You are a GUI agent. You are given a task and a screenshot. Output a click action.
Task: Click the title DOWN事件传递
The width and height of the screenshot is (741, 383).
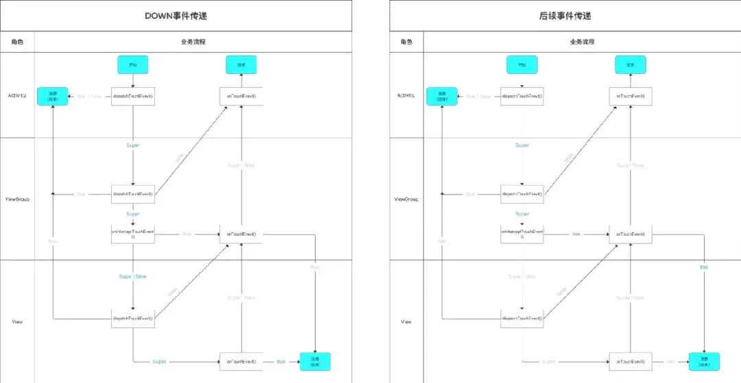coord(176,16)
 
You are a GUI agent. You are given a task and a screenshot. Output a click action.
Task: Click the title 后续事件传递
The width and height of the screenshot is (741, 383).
coord(565,16)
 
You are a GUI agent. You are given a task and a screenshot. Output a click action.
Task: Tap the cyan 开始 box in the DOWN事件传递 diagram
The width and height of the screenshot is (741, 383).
coord(133,65)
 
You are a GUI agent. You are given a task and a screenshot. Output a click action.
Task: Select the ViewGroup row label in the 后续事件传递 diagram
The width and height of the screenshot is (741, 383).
coord(407,199)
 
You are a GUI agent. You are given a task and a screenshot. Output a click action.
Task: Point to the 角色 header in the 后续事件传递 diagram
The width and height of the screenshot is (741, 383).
coord(407,42)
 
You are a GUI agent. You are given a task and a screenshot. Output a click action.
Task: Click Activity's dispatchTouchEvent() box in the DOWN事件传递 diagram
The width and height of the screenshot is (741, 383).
coord(133,97)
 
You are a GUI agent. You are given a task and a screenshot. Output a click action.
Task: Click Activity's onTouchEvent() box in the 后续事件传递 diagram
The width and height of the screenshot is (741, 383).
coord(631,97)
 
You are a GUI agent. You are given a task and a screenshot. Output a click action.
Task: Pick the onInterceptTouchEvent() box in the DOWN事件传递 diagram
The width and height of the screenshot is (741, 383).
coord(133,234)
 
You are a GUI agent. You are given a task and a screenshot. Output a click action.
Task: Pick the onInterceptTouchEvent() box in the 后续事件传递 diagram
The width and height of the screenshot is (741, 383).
coord(522,234)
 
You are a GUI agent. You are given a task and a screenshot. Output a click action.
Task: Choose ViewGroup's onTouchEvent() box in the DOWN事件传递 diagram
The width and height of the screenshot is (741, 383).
coord(241,234)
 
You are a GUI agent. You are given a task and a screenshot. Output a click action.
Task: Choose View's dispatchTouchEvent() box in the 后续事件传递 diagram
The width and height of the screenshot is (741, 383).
coord(522,319)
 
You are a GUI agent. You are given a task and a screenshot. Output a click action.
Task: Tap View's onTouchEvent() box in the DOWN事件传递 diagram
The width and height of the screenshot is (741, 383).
coord(241,361)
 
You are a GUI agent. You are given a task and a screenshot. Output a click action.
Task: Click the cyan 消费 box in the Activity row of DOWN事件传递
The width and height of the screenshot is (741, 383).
coord(52,97)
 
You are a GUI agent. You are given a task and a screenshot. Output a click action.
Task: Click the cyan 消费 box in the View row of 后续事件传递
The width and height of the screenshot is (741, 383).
coord(704,361)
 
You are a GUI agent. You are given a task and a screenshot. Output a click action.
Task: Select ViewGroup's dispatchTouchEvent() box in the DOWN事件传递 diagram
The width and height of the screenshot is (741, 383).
coord(133,194)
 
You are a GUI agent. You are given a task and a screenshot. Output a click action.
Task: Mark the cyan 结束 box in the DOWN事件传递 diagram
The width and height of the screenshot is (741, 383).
coord(241,65)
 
